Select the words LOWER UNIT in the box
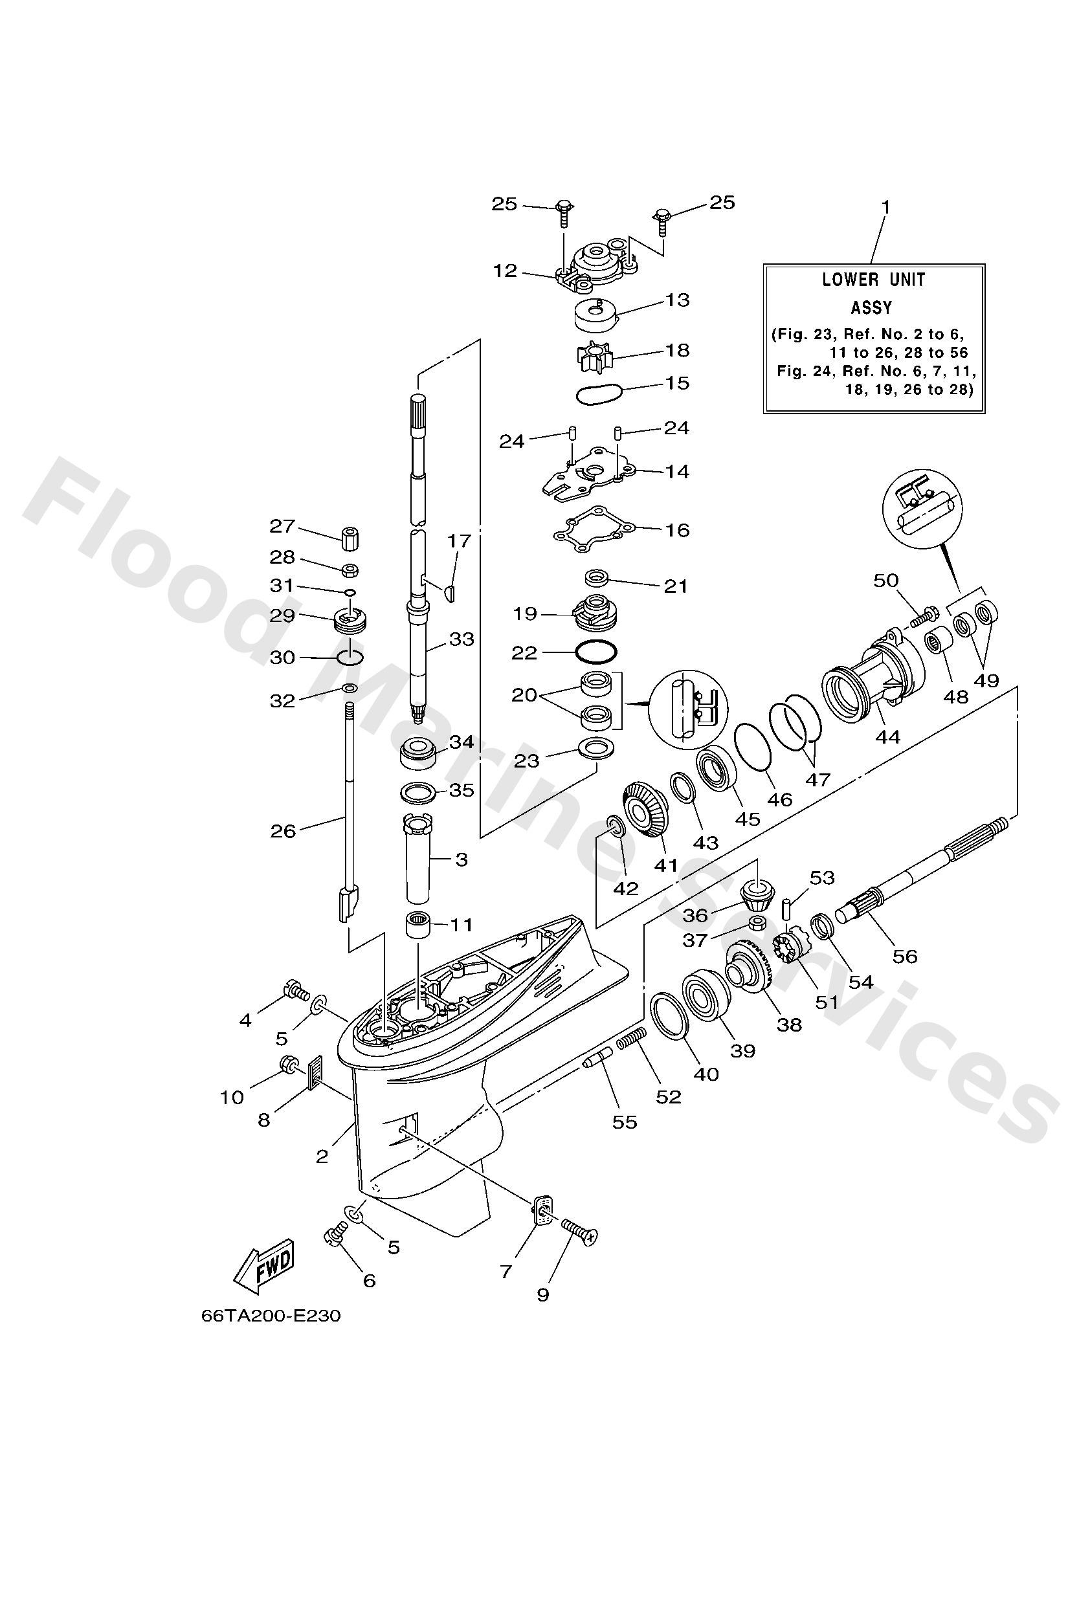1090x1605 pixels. click(x=873, y=280)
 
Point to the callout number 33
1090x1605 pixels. click(x=462, y=639)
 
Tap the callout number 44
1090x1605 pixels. click(x=887, y=738)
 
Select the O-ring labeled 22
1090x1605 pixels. click(x=595, y=651)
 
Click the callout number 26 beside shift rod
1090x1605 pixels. click(x=282, y=831)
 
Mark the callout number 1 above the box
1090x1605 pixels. click(x=886, y=206)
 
